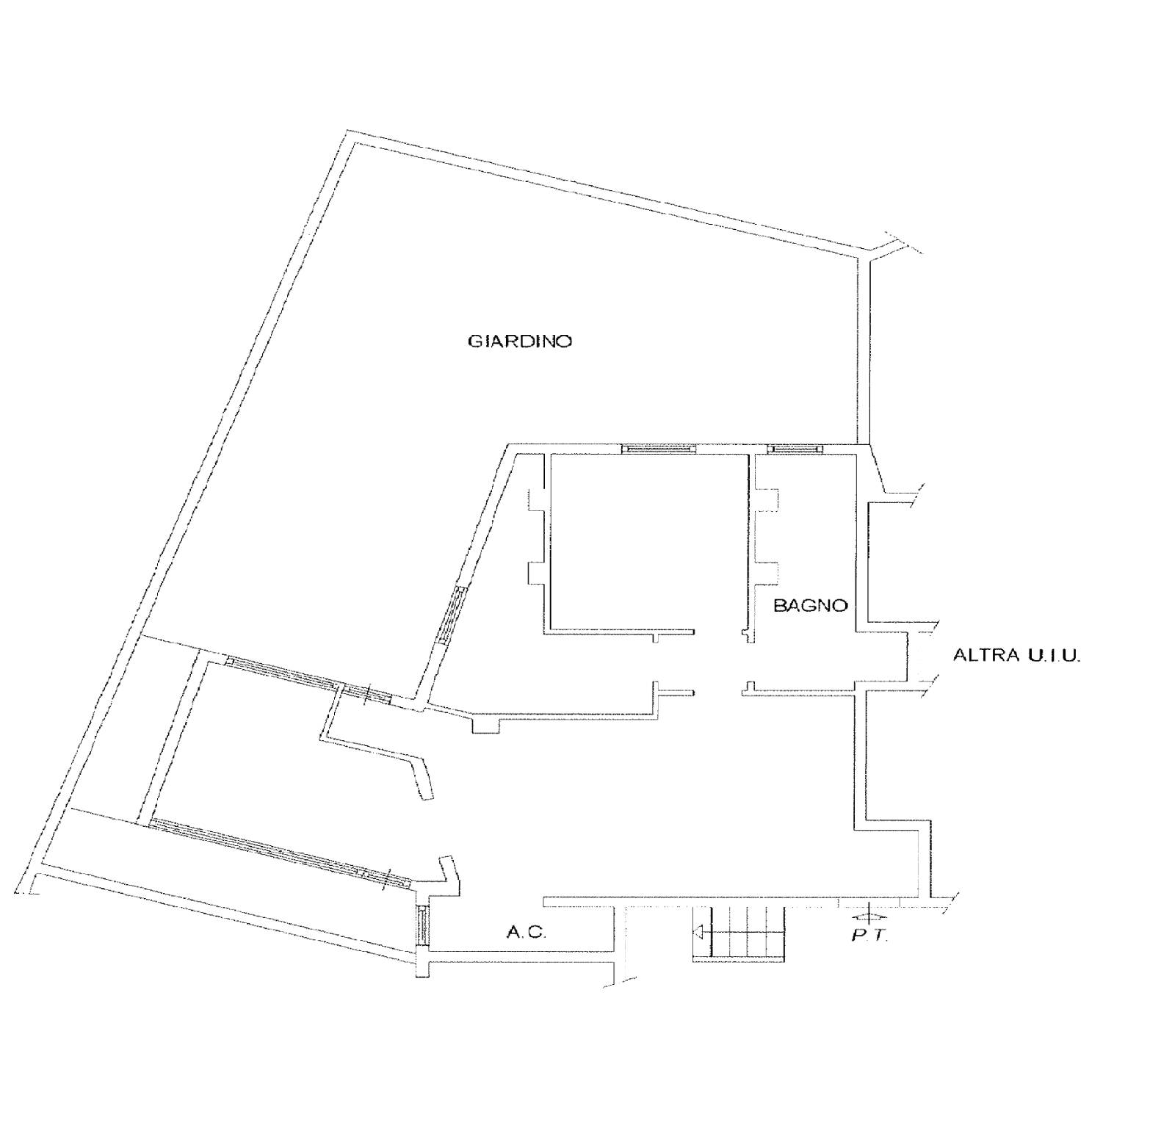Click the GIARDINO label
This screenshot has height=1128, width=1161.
(x=520, y=341)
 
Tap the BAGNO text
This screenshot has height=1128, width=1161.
(x=811, y=605)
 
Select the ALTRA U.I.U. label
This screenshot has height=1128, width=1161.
(x=1017, y=655)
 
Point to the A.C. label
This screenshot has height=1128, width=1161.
(x=526, y=932)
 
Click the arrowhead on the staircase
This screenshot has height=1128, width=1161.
(x=698, y=933)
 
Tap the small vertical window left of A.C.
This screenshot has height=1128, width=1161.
(x=422, y=925)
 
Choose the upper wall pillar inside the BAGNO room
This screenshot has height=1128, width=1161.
(x=767, y=500)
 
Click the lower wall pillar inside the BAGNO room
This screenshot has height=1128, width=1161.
(x=767, y=573)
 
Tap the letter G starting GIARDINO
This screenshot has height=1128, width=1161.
(x=475, y=341)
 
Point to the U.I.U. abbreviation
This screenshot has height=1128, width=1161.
(x=1051, y=655)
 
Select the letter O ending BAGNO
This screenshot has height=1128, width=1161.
(x=841, y=605)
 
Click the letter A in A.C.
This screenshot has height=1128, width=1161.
(x=513, y=932)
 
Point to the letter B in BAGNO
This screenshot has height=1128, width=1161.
(x=779, y=605)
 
